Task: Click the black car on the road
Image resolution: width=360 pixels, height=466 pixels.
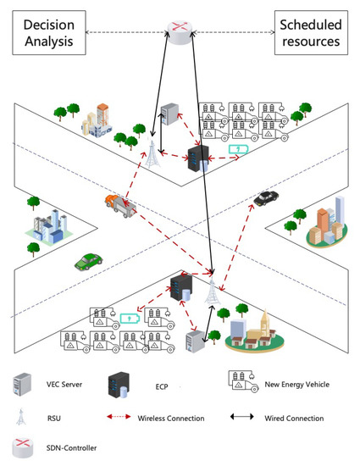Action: pos(266,197)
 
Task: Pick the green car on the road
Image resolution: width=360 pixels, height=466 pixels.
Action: pos(86,261)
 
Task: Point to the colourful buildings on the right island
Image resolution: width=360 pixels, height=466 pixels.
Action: pos(325,223)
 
